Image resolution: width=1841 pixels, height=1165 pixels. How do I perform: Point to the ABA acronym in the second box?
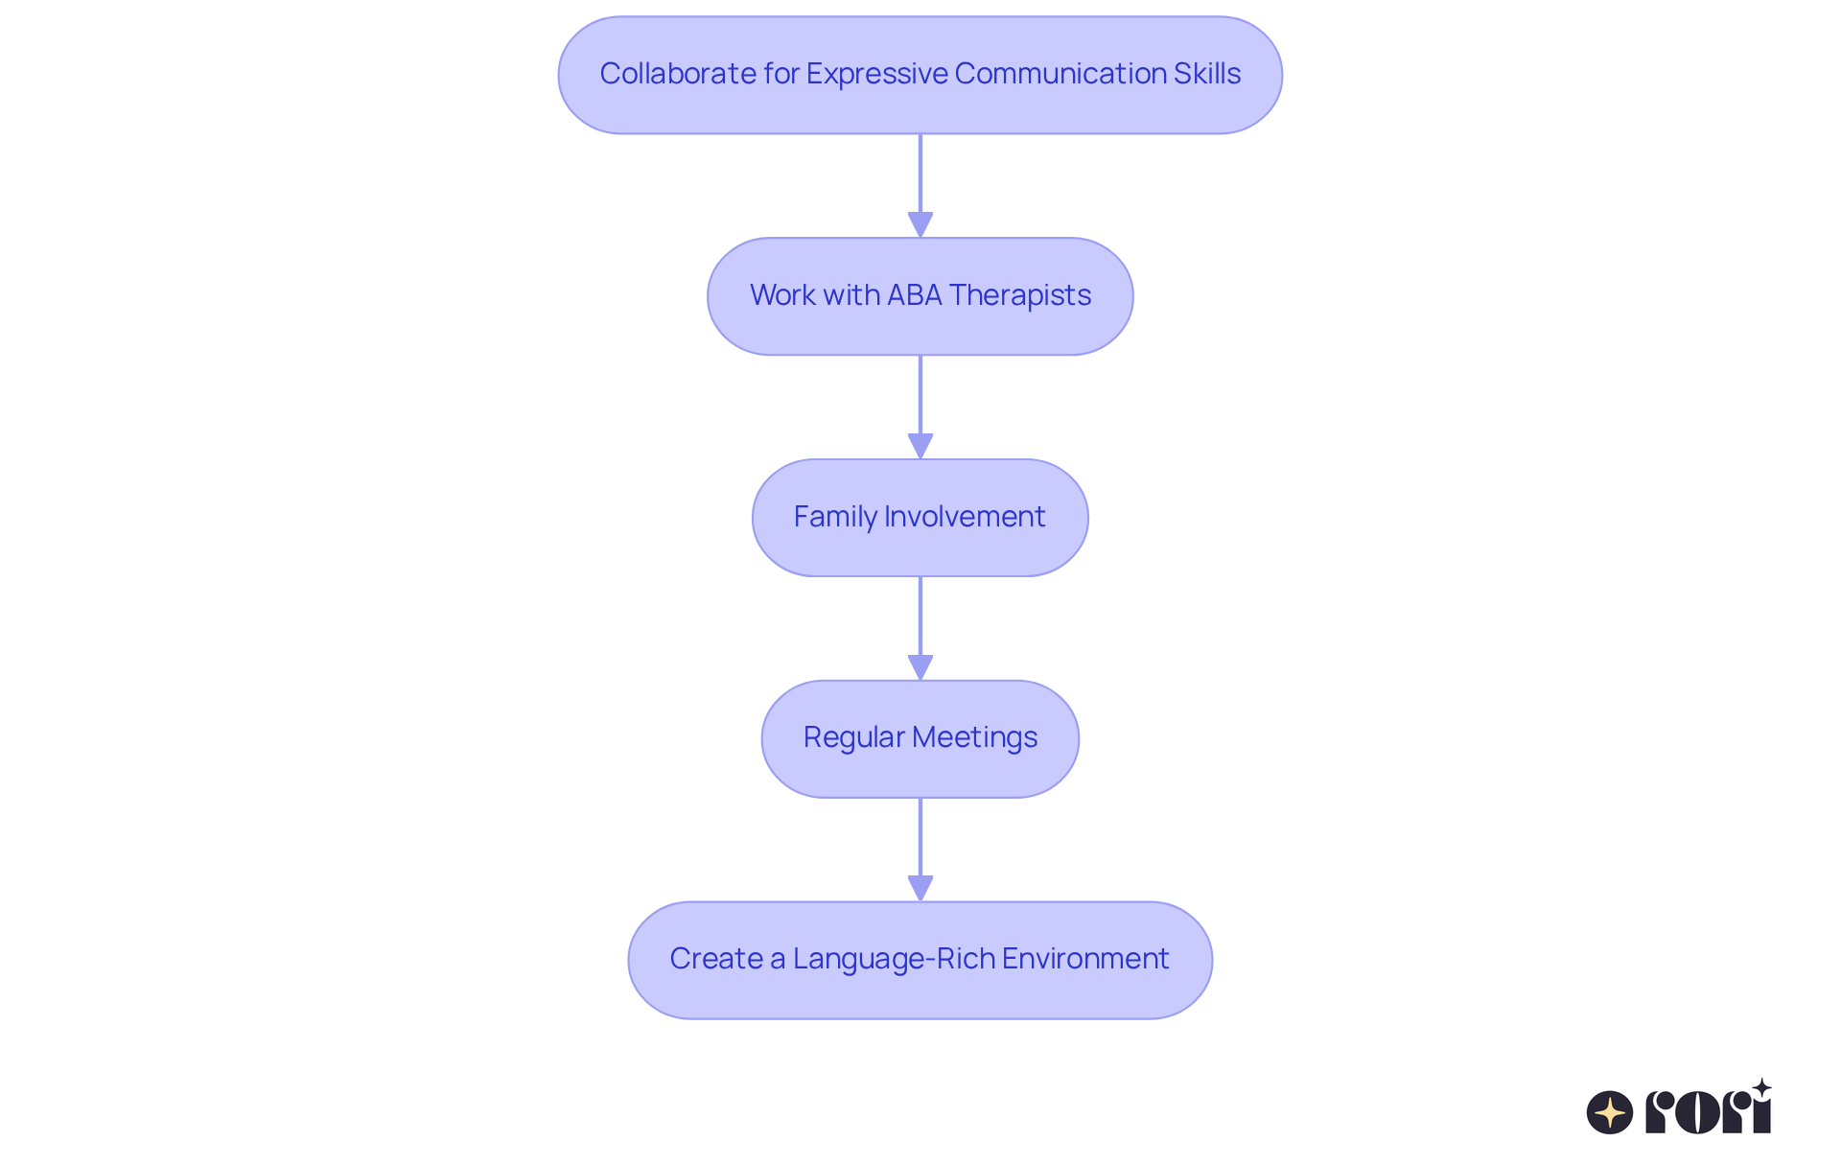click(914, 295)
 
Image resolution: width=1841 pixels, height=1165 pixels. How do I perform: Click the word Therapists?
click(1020, 295)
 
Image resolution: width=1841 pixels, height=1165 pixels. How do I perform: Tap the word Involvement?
click(965, 517)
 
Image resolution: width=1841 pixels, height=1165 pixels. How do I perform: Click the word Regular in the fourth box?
click(853, 737)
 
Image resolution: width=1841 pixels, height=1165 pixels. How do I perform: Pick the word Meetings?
click(974, 737)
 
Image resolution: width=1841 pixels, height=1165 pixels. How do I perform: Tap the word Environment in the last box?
click(1085, 959)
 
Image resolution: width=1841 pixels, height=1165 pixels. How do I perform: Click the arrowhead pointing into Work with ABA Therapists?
click(920, 224)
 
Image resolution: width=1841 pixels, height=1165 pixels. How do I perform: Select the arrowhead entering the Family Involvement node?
click(920, 446)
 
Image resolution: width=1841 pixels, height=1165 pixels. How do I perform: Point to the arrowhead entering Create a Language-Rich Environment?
click(920, 888)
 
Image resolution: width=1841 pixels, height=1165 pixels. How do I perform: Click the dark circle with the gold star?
click(1610, 1112)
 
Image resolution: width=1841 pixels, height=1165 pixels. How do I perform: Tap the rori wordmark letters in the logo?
click(1708, 1112)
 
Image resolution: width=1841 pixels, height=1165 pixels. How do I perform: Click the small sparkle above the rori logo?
click(1761, 1088)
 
